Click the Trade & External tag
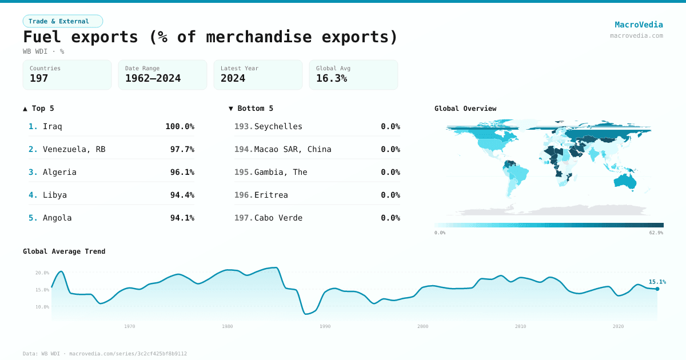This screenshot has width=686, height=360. coord(62,21)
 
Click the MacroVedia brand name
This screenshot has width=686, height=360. coord(639,25)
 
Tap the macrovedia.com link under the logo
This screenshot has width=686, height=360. coord(636,35)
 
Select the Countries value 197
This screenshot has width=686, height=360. coord(39,78)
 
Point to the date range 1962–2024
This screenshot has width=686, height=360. coord(153,78)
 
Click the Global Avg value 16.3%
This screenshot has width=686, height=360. coord(332,78)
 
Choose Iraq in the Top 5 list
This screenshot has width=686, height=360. coord(53,126)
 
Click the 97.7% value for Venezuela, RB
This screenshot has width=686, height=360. coord(182,149)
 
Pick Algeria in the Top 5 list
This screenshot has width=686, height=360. coord(59,172)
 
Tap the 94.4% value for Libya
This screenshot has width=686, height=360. coord(182,195)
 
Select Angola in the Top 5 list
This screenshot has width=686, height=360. coord(57,218)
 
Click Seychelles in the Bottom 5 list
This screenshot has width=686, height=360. coord(278,126)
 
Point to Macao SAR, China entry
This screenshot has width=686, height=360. coord(293,149)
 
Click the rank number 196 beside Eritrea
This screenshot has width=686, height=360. coord(244,195)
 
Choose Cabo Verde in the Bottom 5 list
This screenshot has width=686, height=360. coord(278,218)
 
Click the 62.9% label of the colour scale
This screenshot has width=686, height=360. coord(656,233)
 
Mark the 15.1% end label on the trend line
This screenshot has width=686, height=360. coord(657,282)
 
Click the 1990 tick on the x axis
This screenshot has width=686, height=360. coord(325,326)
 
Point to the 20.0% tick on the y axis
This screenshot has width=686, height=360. coord(42,273)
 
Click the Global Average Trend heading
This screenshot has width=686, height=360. coord(64,251)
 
